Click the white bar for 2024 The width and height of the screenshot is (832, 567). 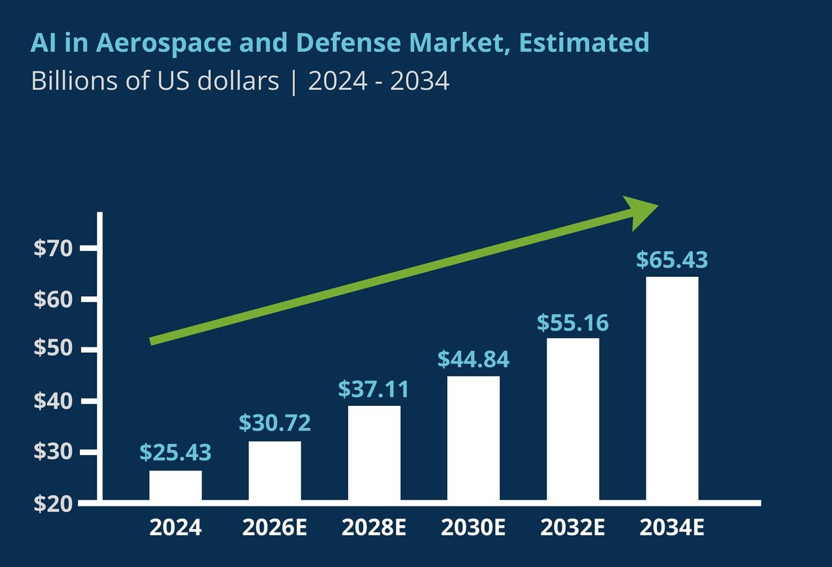point(175,485)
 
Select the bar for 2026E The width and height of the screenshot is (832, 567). point(274,471)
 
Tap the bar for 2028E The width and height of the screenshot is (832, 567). point(374,453)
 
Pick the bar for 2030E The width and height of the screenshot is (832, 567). point(473,438)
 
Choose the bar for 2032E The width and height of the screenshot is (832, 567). point(573,419)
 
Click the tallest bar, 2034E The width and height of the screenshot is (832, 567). point(672,389)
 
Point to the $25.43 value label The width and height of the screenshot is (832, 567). point(175,453)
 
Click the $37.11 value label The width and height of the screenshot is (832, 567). point(373,389)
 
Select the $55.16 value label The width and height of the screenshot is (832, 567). point(572,323)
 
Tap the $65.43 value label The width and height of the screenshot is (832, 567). point(672,260)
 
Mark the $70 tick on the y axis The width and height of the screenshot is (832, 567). point(57,249)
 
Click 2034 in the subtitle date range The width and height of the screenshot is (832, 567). point(420,81)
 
